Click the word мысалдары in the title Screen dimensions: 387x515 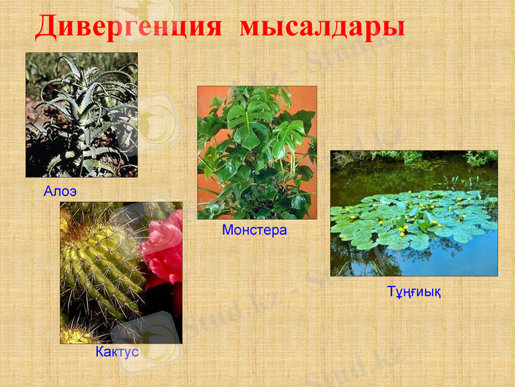click(x=323, y=28)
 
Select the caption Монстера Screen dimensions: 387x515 click(x=254, y=230)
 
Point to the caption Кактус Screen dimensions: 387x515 click(x=117, y=352)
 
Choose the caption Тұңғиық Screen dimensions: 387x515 click(x=414, y=292)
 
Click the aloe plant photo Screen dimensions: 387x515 click(x=81, y=115)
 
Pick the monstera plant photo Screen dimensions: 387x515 click(x=257, y=152)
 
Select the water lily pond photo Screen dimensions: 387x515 click(x=414, y=213)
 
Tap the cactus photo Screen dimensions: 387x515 click(x=121, y=273)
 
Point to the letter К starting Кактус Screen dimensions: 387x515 click(x=100, y=352)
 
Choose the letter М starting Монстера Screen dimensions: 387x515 click(x=227, y=230)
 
